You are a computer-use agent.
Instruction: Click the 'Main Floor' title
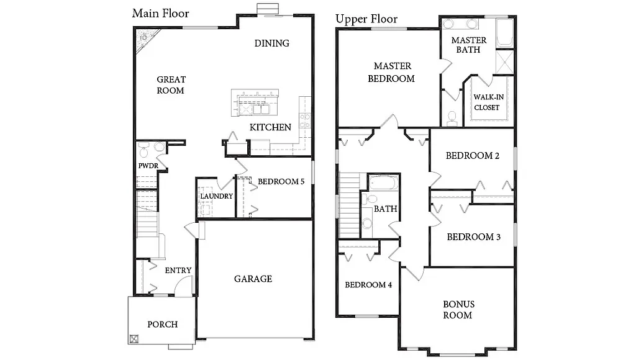(161, 13)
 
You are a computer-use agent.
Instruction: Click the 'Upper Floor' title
(366, 19)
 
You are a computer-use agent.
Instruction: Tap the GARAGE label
(253, 279)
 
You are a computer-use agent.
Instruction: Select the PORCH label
(162, 324)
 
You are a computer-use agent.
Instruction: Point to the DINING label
(272, 43)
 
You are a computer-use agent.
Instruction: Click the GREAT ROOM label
(171, 85)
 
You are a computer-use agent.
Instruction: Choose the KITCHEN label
(270, 127)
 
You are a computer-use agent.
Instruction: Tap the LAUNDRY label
(216, 196)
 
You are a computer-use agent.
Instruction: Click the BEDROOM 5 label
(281, 181)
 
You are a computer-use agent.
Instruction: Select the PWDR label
(148, 166)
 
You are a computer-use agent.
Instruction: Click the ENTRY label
(178, 270)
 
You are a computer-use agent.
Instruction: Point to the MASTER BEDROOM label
(391, 72)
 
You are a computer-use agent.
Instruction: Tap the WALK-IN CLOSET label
(487, 102)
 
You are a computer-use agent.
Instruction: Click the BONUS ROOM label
(459, 309)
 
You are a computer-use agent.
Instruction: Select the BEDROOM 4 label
(368, 285)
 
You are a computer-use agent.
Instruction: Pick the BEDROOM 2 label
(473, 155)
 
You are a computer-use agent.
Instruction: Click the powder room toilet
(144, 150)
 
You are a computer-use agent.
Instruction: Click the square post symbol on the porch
(135, 339)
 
